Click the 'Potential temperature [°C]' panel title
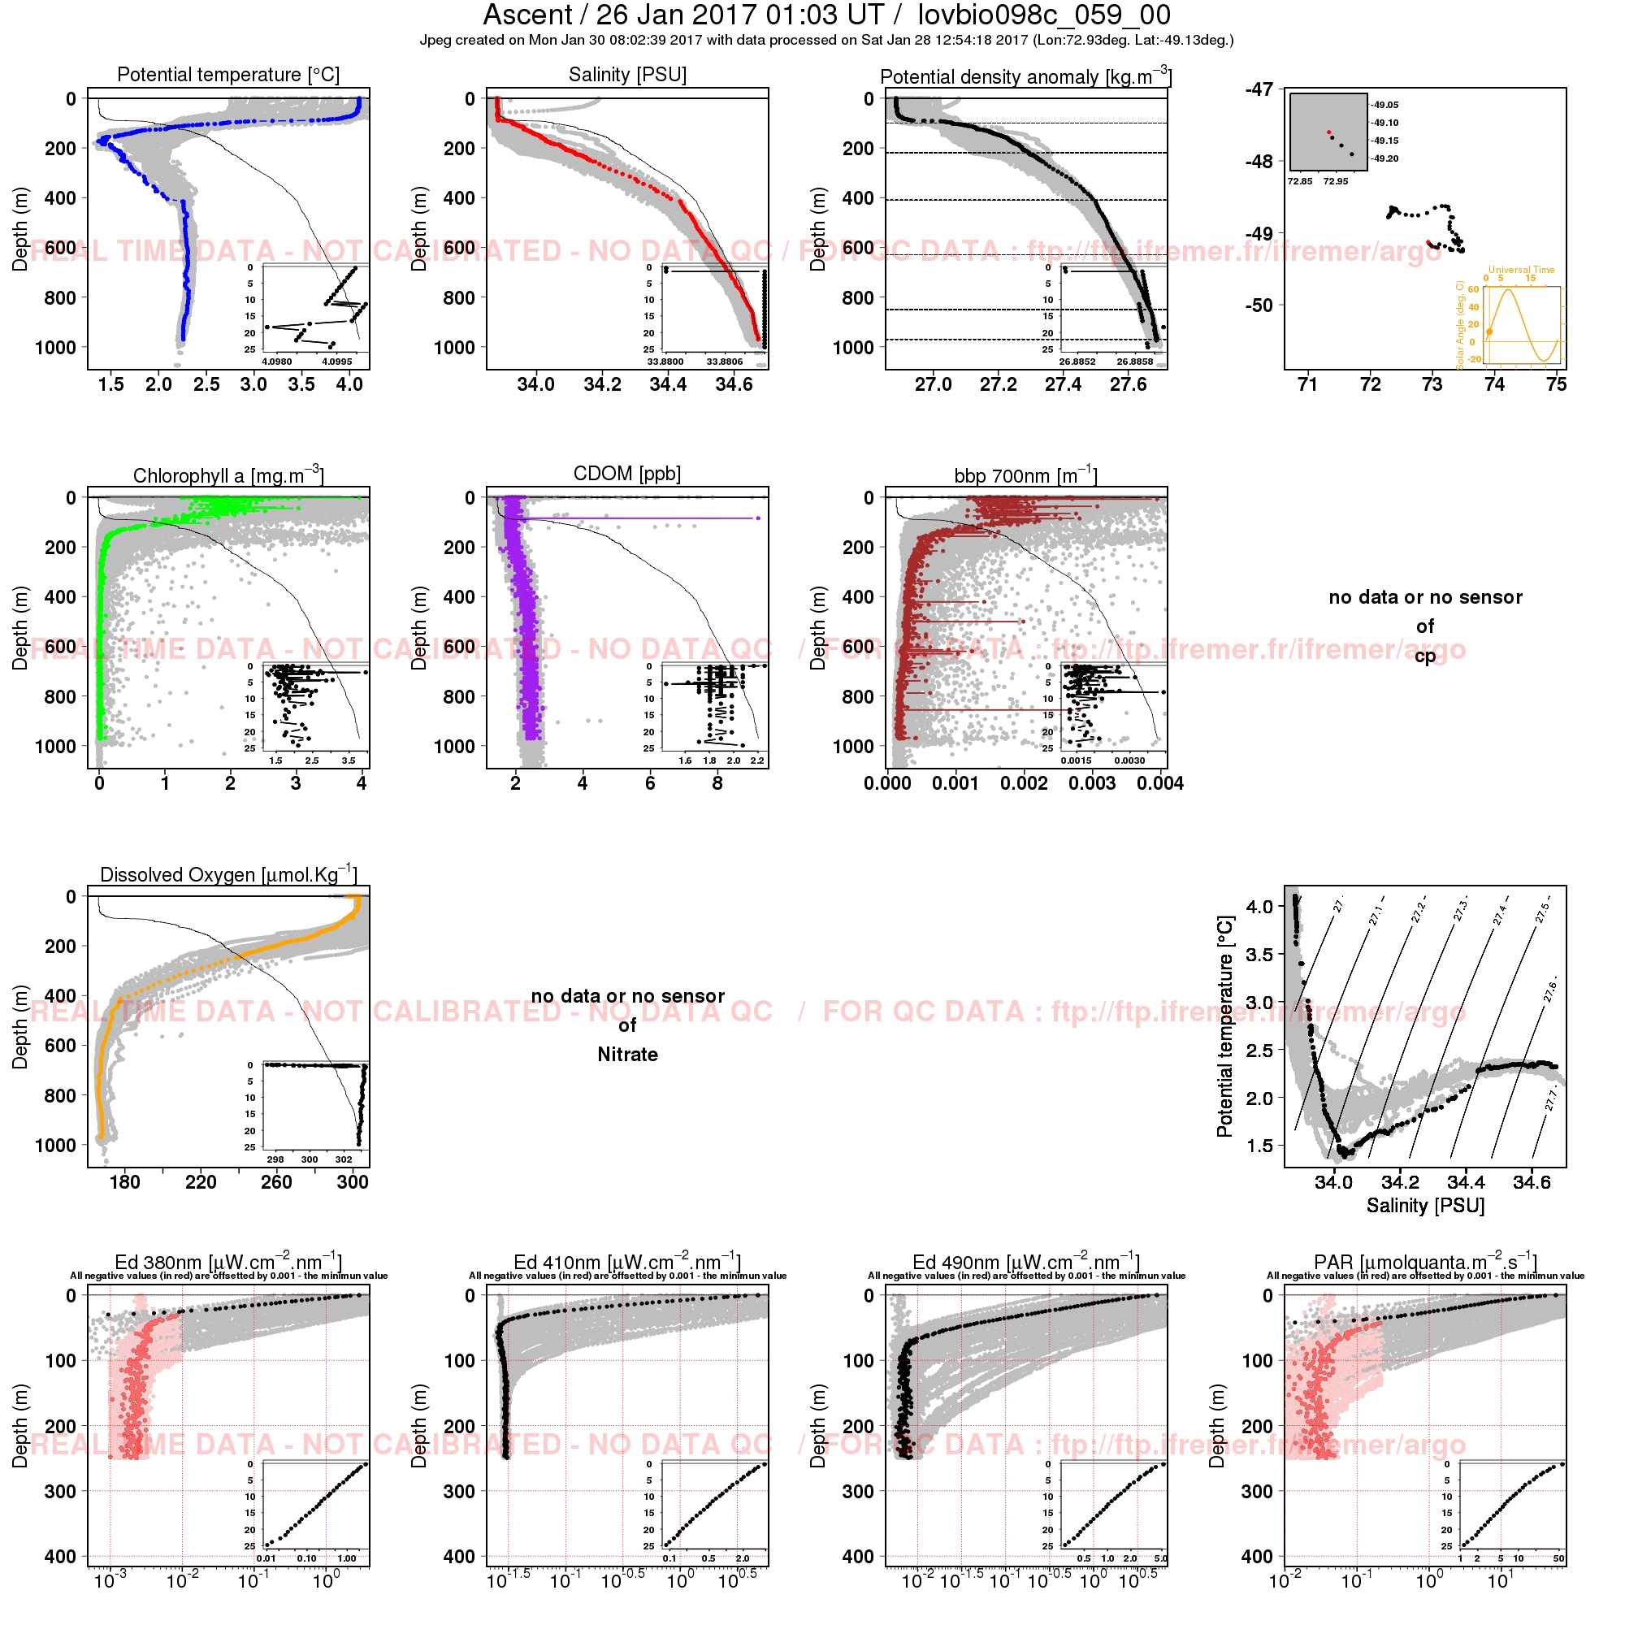tap(228, 75)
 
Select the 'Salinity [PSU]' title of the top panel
tap(627, 75)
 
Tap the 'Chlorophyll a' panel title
tap(228, 475)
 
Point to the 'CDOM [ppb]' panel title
tap(627, 474)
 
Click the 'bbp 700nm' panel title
tap(1025, 475)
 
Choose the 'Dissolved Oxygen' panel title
tap(228, 874)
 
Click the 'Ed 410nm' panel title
tap(627, 1263)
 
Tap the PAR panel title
tap(1425, 1263)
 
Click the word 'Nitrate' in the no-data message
tap(627, 1055)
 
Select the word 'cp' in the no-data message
tap(1425, 655)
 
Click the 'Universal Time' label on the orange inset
tap(1522, 270)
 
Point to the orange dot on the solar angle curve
tap(1489, 332)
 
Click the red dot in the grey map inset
tap(1329, 132)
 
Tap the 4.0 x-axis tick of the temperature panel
tap(349, 384)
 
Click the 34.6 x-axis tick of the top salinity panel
tap(734, 384)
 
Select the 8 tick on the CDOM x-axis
tap(717, 783)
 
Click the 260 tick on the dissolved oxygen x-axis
tap(277, 1181)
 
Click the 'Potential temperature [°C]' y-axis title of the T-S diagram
tap(1224, 1026)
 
